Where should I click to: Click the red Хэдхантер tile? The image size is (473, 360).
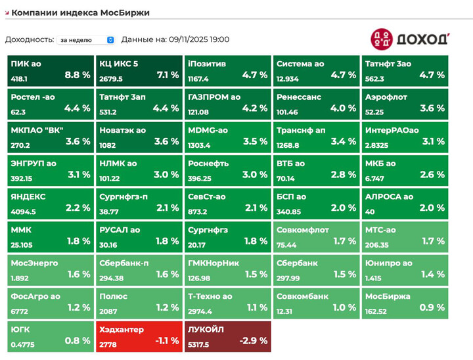pos(139,335)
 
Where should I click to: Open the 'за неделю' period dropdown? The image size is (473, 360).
pos(86,40)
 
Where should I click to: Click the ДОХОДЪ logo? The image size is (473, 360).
pos(410,39)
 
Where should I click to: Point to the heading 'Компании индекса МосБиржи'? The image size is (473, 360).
pos(80,12)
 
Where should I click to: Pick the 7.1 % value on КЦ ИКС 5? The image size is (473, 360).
pos(167,75)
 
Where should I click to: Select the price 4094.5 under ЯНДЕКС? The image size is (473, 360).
pos(23,212)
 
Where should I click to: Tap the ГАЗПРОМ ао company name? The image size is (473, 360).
pos(214,97)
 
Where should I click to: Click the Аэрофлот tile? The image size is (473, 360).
pos(404,102)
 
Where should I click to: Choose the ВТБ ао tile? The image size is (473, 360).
pos(316,169)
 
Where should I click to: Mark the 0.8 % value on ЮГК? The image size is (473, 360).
pos(78,340)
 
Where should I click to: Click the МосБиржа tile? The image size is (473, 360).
pos(404,302)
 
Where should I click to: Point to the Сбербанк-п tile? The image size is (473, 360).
pos(139,268)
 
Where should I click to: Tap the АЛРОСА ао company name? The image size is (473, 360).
pos(389,196)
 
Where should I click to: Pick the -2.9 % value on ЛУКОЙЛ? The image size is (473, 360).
pos(255,340)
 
